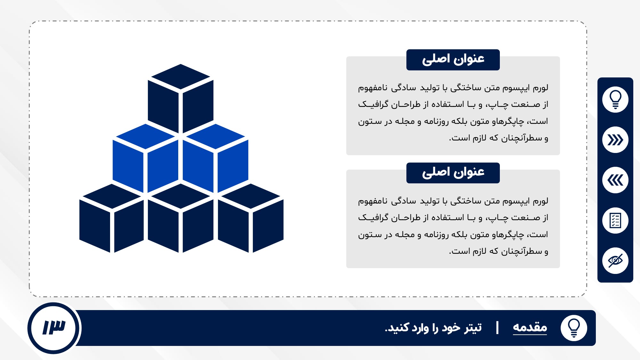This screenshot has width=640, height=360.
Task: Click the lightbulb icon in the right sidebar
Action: [x=615, y=100]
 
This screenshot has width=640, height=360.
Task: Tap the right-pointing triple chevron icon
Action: [x=615, y=140]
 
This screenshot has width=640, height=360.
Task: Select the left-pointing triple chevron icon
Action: [x=615, y=180]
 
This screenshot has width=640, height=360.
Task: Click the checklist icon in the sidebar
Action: [x=615, y=220]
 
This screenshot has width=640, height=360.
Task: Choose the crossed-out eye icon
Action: [x=615, y=261]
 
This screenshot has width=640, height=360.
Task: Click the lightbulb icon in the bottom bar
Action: [x=574, y=328]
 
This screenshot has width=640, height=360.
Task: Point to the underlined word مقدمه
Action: [x=530, y=327]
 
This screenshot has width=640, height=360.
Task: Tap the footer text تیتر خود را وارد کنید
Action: [x=433, y=328]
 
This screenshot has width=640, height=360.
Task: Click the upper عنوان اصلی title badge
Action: [x=453, y=60]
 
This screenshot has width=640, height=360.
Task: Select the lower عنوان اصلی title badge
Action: [x=453, y=173]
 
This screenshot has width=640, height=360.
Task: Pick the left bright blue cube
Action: [x=145, y=158]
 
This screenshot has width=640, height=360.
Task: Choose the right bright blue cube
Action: [x=215, y=158]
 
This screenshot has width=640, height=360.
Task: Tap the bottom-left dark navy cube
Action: [x=112, y=218]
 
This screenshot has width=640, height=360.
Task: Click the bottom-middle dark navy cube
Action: [x=180, y=218]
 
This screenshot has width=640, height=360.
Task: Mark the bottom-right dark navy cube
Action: [x=251, y=218]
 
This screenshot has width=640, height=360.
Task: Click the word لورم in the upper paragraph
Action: [x=540, y=87]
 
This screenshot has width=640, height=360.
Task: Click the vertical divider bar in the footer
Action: [x=497, y=328]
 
